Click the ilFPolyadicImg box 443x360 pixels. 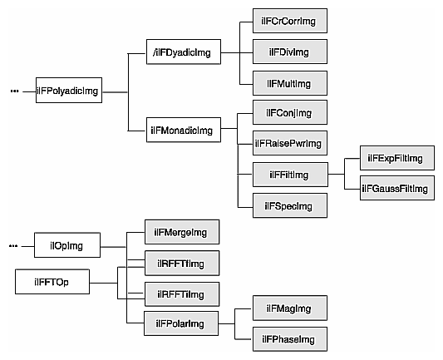[68, 91]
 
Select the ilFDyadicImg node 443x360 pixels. [181, 53]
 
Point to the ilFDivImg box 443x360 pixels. [288, 52]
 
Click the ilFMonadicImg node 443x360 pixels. [181, 130]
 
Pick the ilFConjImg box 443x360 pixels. [288, 112]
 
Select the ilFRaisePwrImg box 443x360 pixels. [288, 143]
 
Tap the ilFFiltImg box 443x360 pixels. [288, 175]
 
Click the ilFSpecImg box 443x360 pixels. [288, 205]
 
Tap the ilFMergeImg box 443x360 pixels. [181, 233]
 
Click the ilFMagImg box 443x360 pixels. [288, 309]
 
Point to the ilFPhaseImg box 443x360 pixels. [288, 339]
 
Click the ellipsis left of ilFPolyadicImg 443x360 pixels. [14, 91]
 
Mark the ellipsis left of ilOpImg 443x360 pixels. [14, 246]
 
